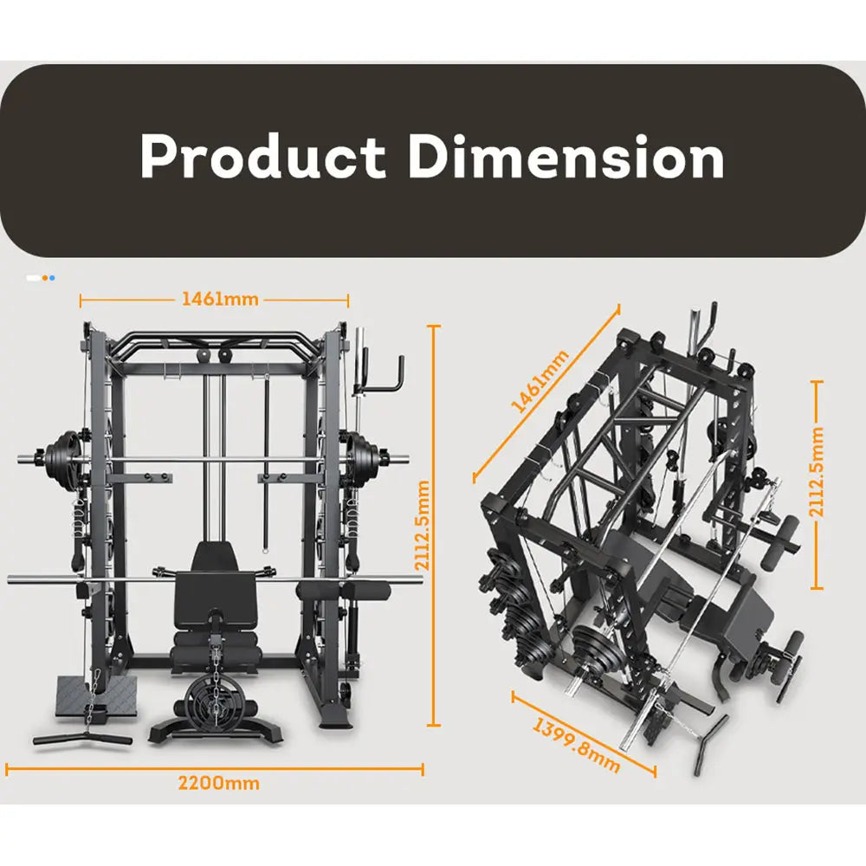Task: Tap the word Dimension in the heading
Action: pyautogui.click(x=566, y=158)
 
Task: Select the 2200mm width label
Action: pyautogui.click(x=218, y=783)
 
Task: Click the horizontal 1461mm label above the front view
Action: pyautogui.click(x=219, y=299)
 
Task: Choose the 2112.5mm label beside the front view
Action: pyautogui.click(x=423, y=527)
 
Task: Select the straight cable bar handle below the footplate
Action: pyautogui.click(x=82, y=739)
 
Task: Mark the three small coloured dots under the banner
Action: pyautogui.click(x=40, y=278)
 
